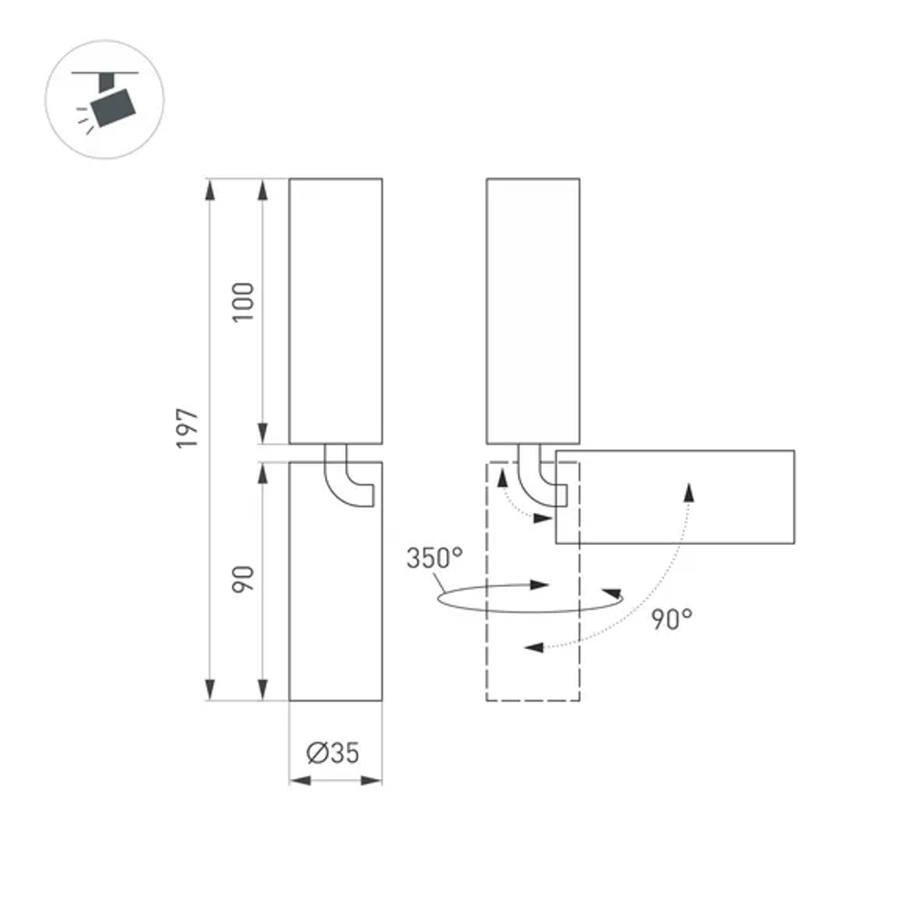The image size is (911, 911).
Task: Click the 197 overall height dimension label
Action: (x=188, y=427)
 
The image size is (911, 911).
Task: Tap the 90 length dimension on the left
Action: (x=241, y=579)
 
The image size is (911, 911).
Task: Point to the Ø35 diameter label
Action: (x=333, y=752)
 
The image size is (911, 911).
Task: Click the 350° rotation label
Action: (x=435, y=558)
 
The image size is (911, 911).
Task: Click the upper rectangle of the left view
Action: (x=335, y=310)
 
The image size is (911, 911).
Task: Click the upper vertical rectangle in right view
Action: (x=533, y=310)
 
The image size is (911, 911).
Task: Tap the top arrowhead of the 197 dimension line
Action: (x=210, y=189)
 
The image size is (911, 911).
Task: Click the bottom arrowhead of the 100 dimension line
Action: (x=262, y=435)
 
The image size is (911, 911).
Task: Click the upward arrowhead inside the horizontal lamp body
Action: (x=690, y=491)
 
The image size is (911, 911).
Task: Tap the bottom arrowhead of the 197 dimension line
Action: (x=210, y=690)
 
